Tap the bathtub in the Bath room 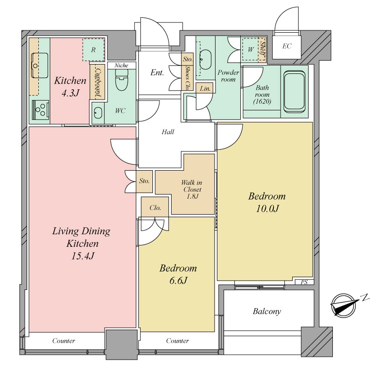295,91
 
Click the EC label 287,46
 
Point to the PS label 304,282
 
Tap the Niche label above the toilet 121,65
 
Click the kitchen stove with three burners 40,110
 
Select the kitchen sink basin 40,65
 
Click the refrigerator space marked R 93,50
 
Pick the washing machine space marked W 251,50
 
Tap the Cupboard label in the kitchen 98,82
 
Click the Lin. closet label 205,89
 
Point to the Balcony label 266,311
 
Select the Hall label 168,132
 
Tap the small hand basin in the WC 98,112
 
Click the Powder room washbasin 205,59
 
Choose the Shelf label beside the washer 263,50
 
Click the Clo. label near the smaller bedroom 155,208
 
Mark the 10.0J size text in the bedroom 267,209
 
